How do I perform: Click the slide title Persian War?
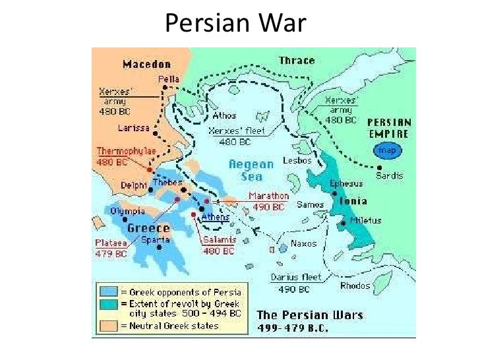click(x=235, y=24)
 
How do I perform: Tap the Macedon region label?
click(x=146, y=64)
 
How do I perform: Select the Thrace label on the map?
click(x=297, y=61)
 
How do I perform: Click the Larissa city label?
click(x=130, y=127)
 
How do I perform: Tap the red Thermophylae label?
click(x=127, y=150)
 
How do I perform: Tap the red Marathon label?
click(x=269, y=196)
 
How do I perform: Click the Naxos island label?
click(x=304, y=243)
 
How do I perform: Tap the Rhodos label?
click(x=355, y=285)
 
